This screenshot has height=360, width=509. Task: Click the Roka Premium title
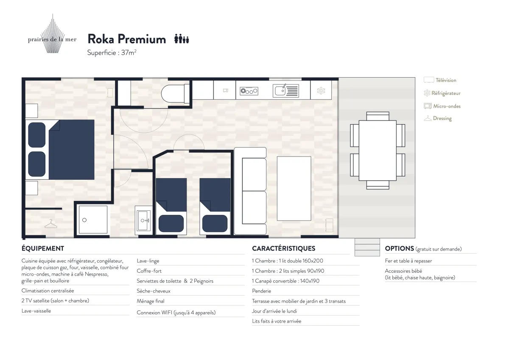coord(127,39)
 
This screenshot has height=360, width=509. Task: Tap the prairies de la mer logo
coord(52,34)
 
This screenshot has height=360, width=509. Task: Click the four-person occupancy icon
coord(182,39)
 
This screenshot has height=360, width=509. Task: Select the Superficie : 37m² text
coord(112,53)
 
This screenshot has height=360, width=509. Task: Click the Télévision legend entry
coord(440,80)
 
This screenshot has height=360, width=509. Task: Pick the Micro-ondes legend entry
coord(442,106)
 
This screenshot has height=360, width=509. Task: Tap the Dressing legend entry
coord(438,118)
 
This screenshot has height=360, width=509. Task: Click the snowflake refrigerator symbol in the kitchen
coord(321,91)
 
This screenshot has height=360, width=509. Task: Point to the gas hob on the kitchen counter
coord(249,91)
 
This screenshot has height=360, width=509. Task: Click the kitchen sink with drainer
coord(286,91)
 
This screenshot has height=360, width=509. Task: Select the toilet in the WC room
coord(175,94)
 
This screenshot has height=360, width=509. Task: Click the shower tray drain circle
coord(84,220)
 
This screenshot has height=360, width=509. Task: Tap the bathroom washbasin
coord(144,220)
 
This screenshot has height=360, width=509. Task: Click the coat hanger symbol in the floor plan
coord(50,224)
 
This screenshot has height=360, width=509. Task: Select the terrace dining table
coord(378,151)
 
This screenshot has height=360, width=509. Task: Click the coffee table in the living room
coord(294,189)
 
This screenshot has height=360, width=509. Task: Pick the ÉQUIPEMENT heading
coord(43,248)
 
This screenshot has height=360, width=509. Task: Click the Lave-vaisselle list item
coord(36,311)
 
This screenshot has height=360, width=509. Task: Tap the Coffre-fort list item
coord(149,271)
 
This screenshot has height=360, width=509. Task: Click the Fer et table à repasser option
coord(408,261)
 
